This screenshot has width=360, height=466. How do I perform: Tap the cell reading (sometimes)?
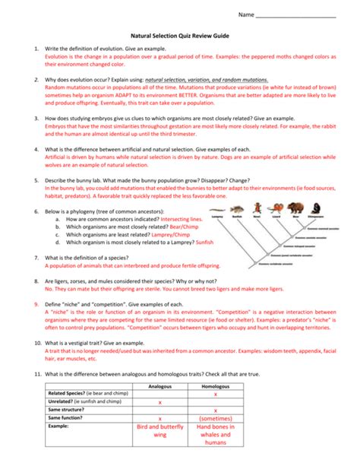tap(215, 419)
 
